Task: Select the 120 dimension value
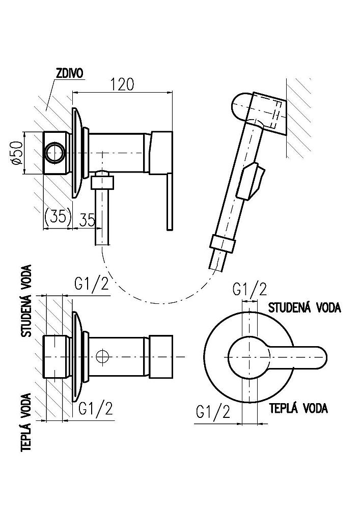point(122,84)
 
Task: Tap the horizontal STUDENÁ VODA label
point(304,308)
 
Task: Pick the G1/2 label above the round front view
point(250,290)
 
